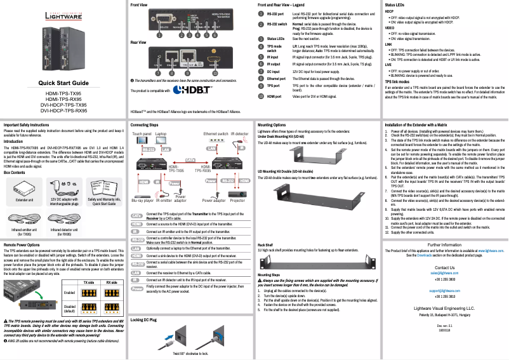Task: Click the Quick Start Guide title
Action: pyautogui.click(x=63, y=83)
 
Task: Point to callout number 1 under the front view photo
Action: pyautogui.click(x=151, y=36)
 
